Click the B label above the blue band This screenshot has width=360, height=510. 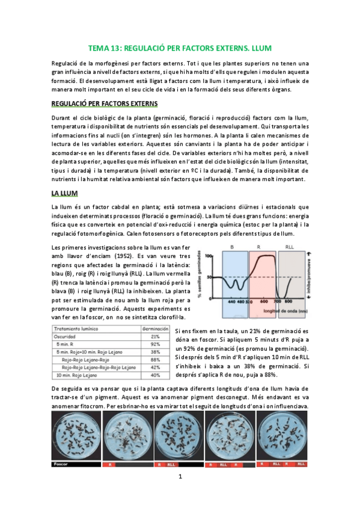tap(232, 247)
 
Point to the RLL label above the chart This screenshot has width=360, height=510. tap(290, 247)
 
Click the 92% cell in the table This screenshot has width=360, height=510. tap(154, 345)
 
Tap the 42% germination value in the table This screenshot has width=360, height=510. tap(154, 367)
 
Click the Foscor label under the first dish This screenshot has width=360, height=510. tap(60, 464)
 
